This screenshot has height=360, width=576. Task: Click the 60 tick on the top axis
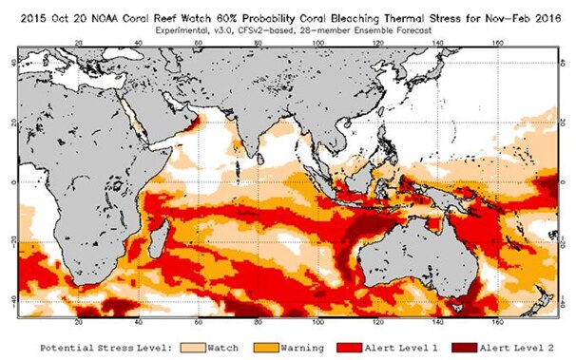pos(199,43)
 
